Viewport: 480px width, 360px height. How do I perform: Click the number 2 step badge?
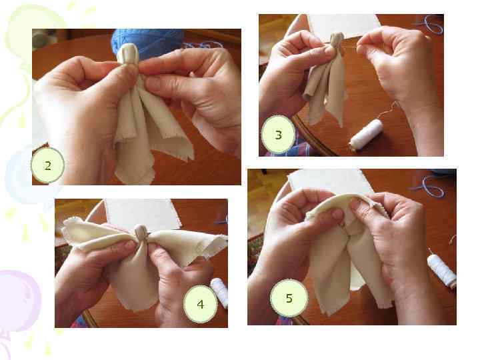(x=48, y=165)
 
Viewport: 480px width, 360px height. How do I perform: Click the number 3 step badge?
(x=278, y=135)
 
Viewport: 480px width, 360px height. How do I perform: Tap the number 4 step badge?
(x=200, y=304)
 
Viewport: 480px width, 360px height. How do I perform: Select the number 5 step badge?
(x=289, y=298)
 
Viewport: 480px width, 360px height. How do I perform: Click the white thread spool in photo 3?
(x=367, y=135)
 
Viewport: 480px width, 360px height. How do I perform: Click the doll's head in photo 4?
(x=141, y=233)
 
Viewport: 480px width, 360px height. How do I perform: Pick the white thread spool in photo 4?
(x=220, y=293)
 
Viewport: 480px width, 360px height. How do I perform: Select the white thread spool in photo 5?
(x=442, y=271)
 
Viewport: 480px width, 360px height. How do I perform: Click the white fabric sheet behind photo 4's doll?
(x=143, y=213)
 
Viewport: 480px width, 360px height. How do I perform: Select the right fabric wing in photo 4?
(x=189, y=243)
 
